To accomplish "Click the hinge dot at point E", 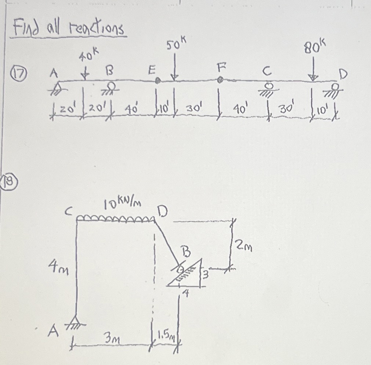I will [158, 81].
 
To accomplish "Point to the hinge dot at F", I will [220, 79].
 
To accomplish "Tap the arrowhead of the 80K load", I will [313, 77].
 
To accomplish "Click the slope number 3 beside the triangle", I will [206, 274].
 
